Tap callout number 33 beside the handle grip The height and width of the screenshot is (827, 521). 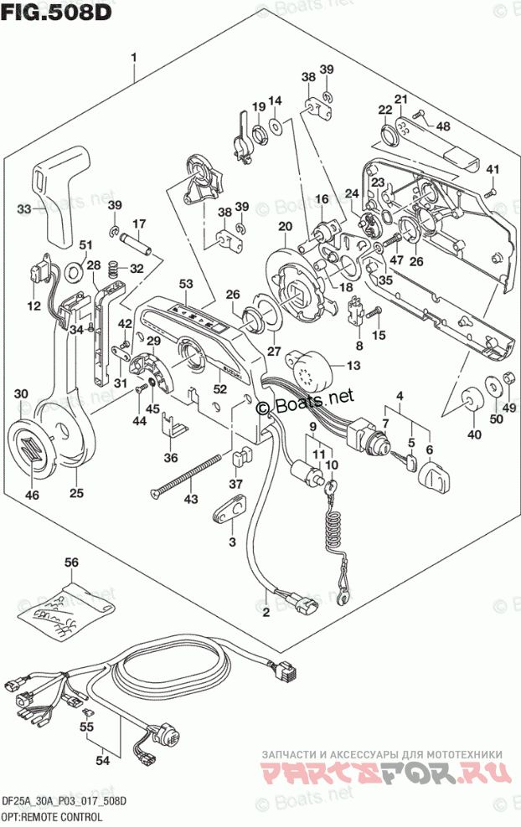tap(24, 208)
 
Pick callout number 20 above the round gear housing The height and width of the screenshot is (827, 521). tap(284, 226)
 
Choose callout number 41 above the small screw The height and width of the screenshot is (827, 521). tap(492, 171)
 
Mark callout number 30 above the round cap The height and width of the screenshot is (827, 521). tap(22, 394)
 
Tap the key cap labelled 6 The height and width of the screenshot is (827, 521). tap(436, 478)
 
